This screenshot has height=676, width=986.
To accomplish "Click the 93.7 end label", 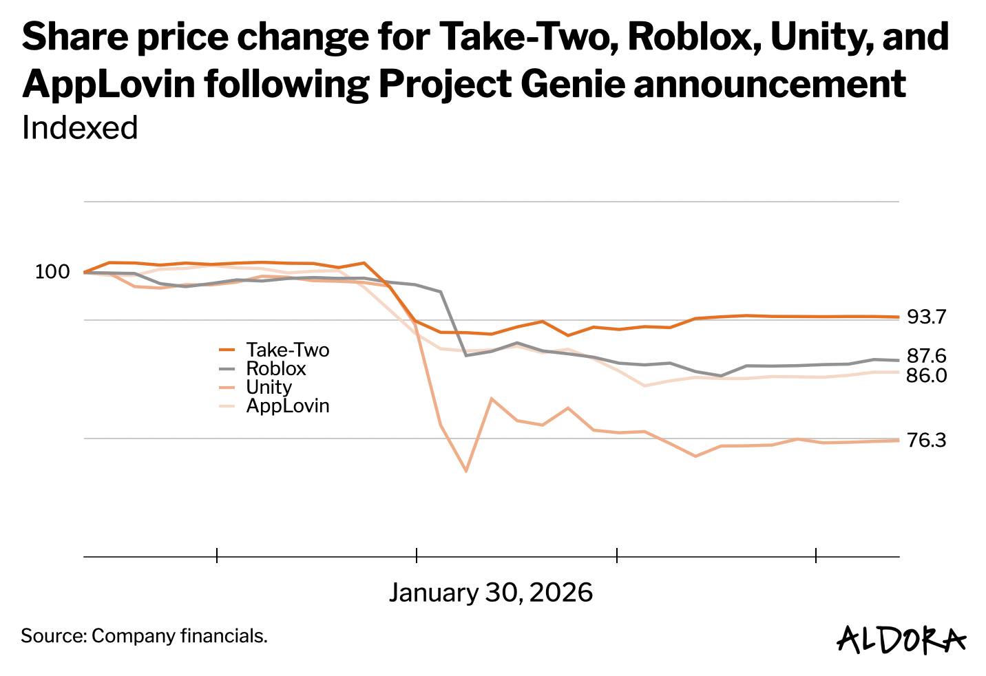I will tap(927, 317).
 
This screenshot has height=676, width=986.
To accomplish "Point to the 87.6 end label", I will tap(927, 357).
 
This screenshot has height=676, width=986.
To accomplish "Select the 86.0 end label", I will tap(927, 376).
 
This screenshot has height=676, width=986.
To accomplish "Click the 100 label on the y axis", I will tap(52, 272).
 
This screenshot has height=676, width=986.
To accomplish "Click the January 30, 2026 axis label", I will tap(490, 593).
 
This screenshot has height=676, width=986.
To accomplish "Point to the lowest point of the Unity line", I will tap(466, 471).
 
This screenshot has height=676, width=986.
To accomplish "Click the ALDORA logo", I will tap(901, 639).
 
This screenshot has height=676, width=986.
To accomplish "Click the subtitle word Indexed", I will tap(80, 128).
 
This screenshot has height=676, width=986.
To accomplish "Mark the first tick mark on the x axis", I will tap(217, 555).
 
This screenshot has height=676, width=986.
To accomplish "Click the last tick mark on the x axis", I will tap(816, 555).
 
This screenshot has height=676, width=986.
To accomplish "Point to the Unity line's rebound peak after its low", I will tap(491, 399).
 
